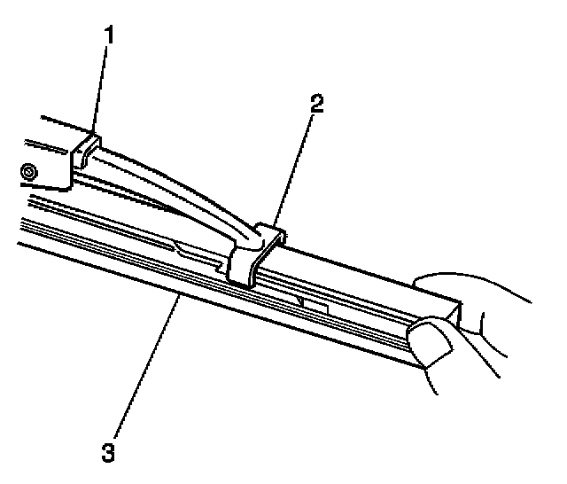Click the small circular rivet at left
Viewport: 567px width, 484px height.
tap(30, 170)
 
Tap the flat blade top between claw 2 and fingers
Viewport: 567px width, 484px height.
tap(354, 266)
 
